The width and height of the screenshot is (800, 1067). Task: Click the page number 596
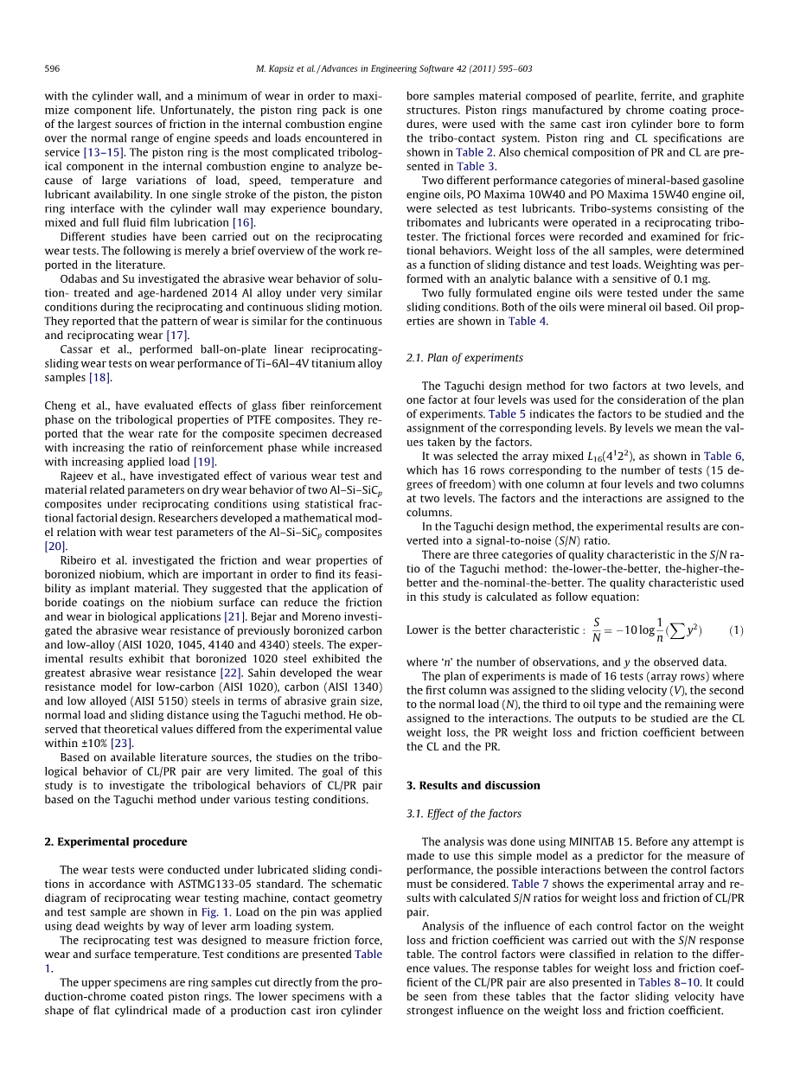click(52, 68)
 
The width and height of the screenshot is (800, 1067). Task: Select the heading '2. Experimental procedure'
click(115, 841)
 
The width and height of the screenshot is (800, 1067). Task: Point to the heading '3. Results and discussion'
click(473, 785)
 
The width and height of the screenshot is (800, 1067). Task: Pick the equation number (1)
click(735, 630)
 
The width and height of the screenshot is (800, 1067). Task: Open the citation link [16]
click(243, 222)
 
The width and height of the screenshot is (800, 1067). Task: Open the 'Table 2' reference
click(475, 152)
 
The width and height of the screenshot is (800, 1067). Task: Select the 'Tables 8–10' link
click(666, 982)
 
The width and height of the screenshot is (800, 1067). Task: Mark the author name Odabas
click(81, 278)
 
